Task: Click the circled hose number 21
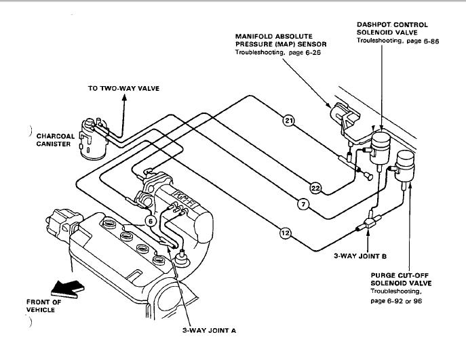[x=288, y=120]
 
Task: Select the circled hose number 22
[x=315, y=188]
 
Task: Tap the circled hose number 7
[x=303, y=204]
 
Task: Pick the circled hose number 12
[x=286, y=233]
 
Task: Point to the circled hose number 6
[x=151, y=221]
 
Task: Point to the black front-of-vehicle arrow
[x=67, y=289]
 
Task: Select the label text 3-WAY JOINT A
[x=209, y=331]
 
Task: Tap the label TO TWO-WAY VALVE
[x=123, y=89]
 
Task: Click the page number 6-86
[x=431, y=41]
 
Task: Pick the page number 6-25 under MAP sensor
[x=313, y=53]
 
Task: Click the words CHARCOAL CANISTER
[x=56, y=140]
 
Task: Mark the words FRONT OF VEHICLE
[x=43, y=306]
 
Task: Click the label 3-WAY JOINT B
[x=360, y=256]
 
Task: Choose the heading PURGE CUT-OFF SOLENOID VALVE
[x=401, y=279]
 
